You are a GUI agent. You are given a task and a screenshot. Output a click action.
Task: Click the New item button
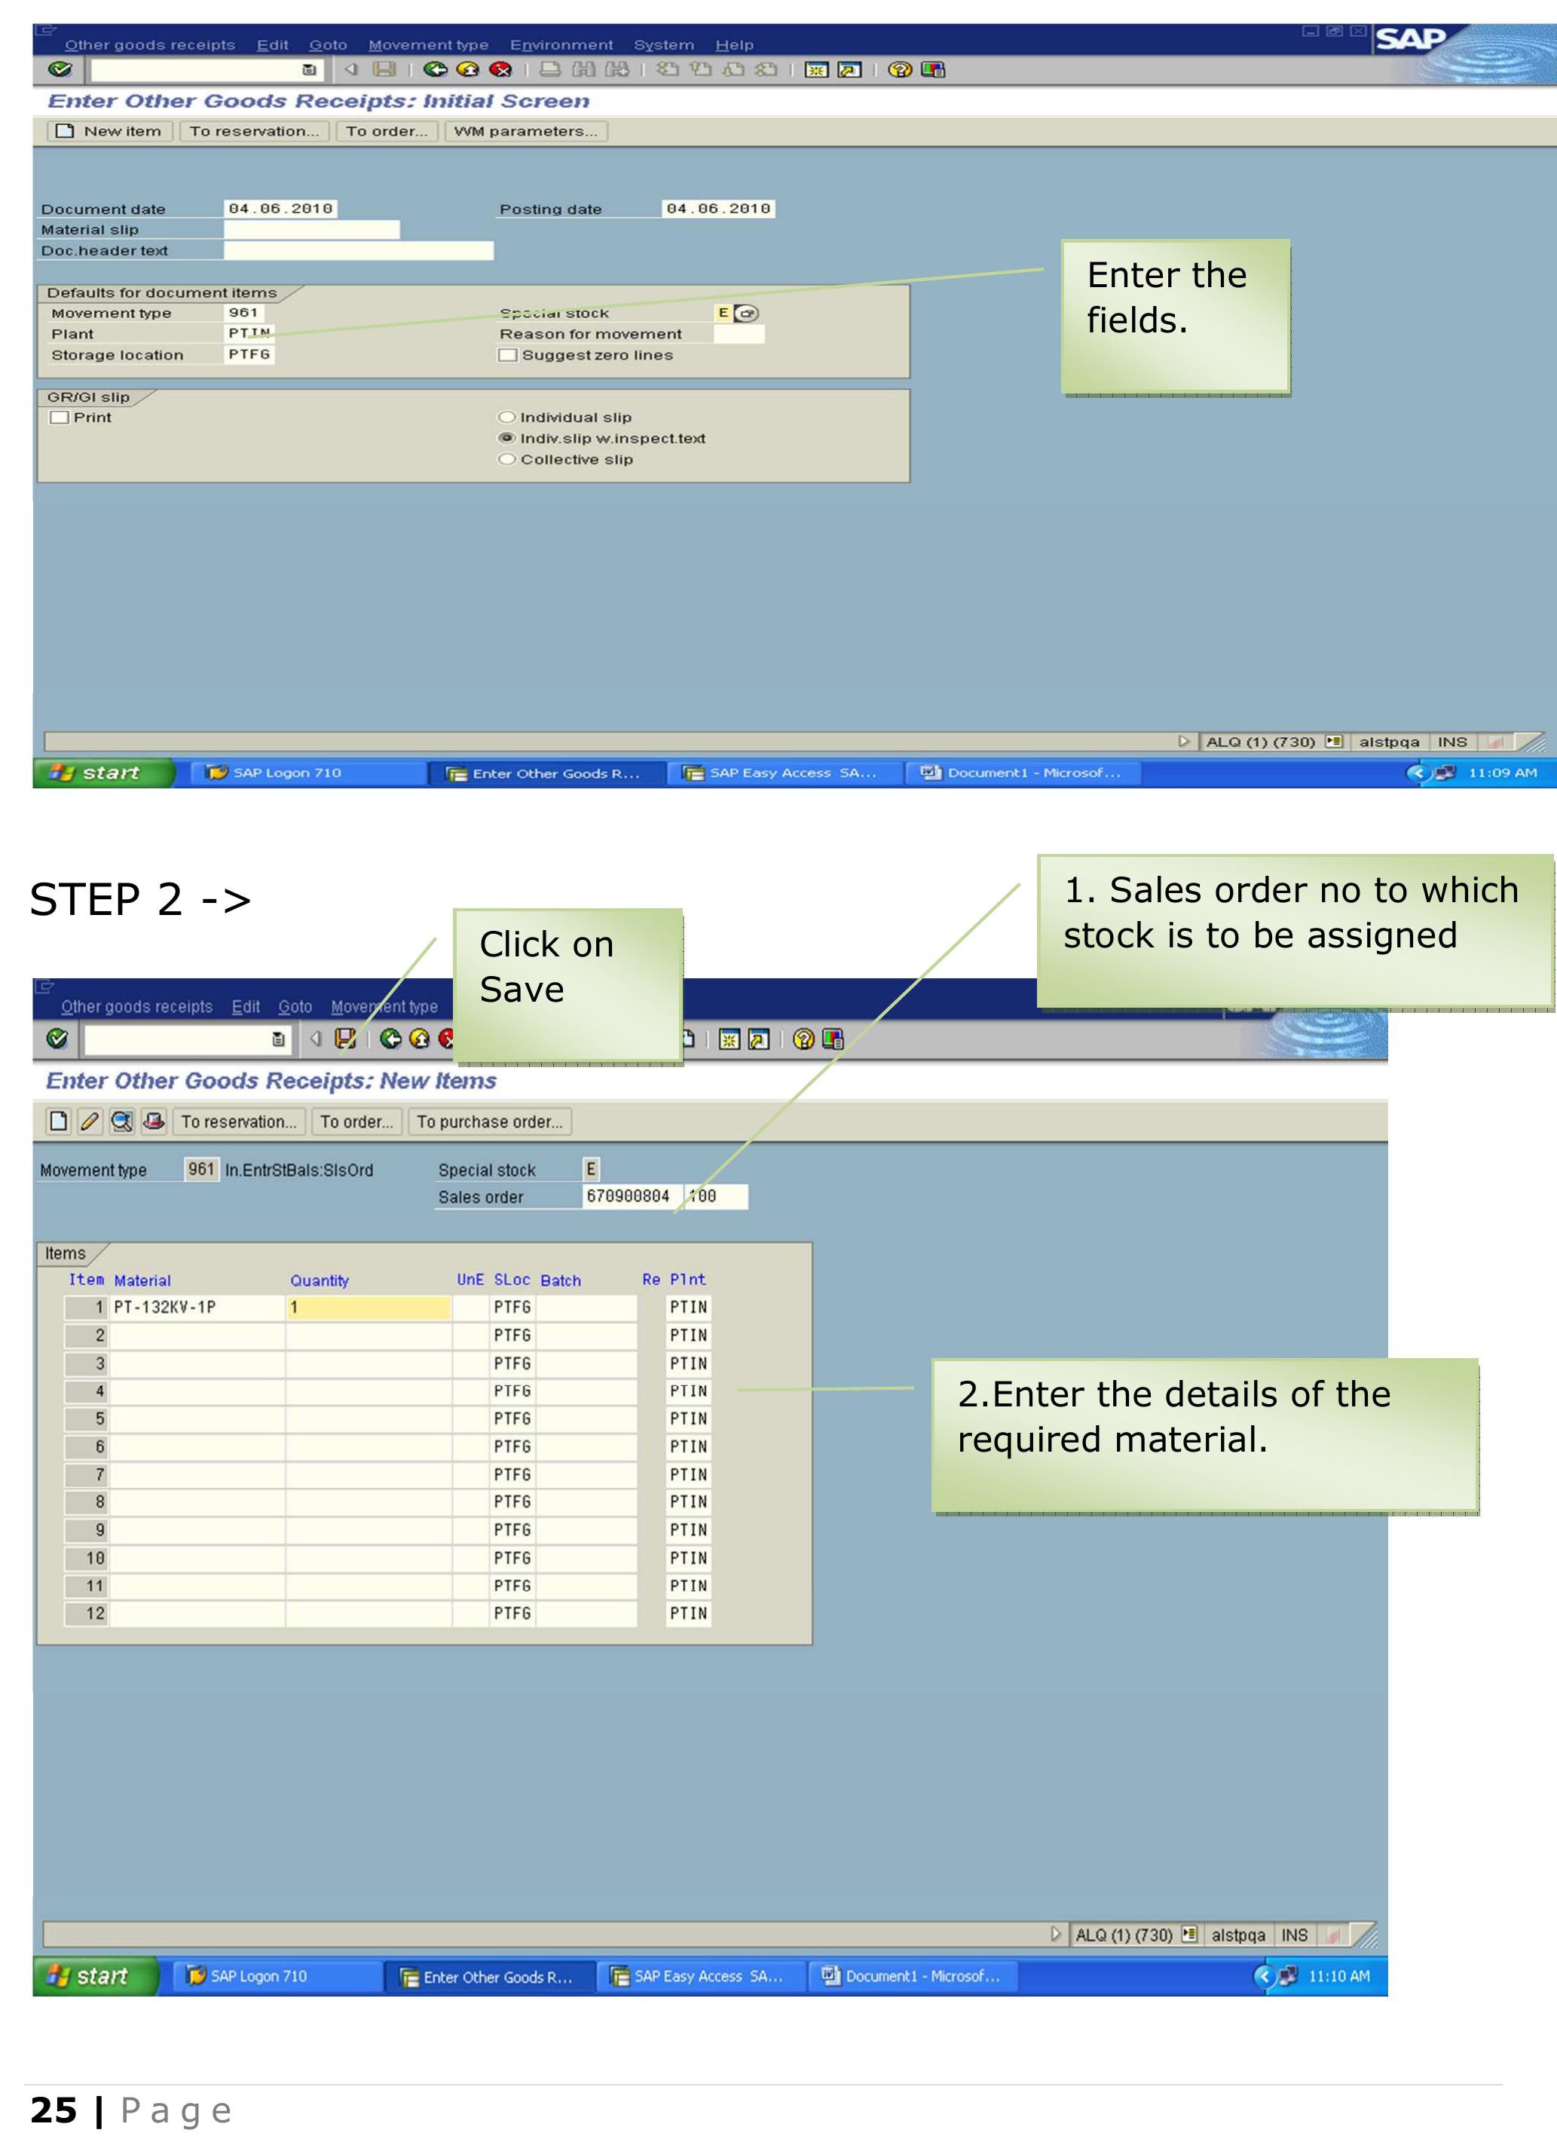(x=110, y=131)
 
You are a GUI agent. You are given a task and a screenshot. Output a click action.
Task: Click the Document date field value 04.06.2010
(x=280, y=209)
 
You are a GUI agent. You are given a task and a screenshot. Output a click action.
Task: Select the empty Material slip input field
(x=311, y=229)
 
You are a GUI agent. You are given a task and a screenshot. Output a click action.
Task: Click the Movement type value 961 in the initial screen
(x=243, y=312)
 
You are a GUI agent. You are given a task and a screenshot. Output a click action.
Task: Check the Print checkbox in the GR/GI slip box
(x=60, y=417)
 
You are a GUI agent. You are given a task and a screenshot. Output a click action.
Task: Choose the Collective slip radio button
(x=507, y=459)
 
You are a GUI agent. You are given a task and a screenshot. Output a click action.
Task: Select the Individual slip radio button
(x=507, y=417)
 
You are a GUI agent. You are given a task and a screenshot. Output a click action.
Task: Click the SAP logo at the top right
(x=1411, y=40)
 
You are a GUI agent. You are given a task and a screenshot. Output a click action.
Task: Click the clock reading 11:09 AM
(x=1501, y=773)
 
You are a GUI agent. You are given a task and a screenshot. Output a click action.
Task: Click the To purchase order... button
(x=489, y=1122)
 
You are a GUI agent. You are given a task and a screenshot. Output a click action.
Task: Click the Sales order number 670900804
(x=628, y=1196)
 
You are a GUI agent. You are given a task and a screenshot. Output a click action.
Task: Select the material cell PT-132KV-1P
(x=165, y=1306)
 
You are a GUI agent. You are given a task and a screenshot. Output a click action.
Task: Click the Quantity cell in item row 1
(x=368, y=1306)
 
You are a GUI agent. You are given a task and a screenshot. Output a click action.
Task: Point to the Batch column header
(x=560, y=1280)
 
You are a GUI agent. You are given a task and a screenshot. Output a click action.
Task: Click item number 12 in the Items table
(x=95, y=1613)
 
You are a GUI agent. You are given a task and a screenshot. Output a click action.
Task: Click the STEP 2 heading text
(x=140, y=899)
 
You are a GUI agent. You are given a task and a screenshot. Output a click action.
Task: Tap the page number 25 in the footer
(x=54, y=2109)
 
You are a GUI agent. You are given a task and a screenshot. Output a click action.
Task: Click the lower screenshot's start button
(x=95, y=1976)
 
